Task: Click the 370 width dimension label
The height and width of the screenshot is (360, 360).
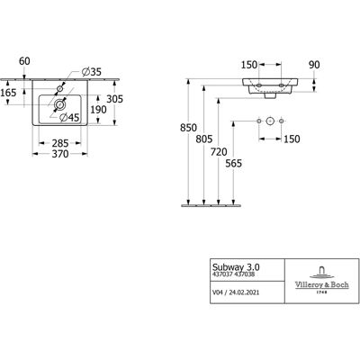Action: click(60, 154)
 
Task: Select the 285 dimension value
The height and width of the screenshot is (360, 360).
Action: click(60, 143)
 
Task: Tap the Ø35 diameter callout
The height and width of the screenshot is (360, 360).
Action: click(92, 72)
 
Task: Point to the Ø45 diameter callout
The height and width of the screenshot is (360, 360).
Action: click(69, 118)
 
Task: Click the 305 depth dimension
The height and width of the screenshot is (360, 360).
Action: click(115, 99)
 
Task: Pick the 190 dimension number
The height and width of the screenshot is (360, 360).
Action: click(98, 110)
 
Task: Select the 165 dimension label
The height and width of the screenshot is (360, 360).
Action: click(8, 93)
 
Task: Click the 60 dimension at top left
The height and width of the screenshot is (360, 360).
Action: click(24, 61)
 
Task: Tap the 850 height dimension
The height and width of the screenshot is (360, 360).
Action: click(188, 128)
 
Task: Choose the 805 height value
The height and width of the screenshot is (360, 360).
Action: click(204, 139)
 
